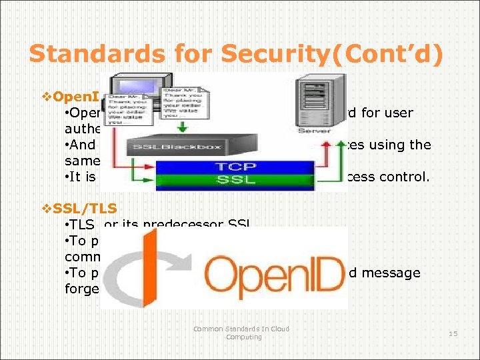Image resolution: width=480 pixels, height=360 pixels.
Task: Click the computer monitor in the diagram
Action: click(x=132, y=90)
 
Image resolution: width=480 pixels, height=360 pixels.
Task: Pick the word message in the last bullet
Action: click(x=396, y=273)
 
